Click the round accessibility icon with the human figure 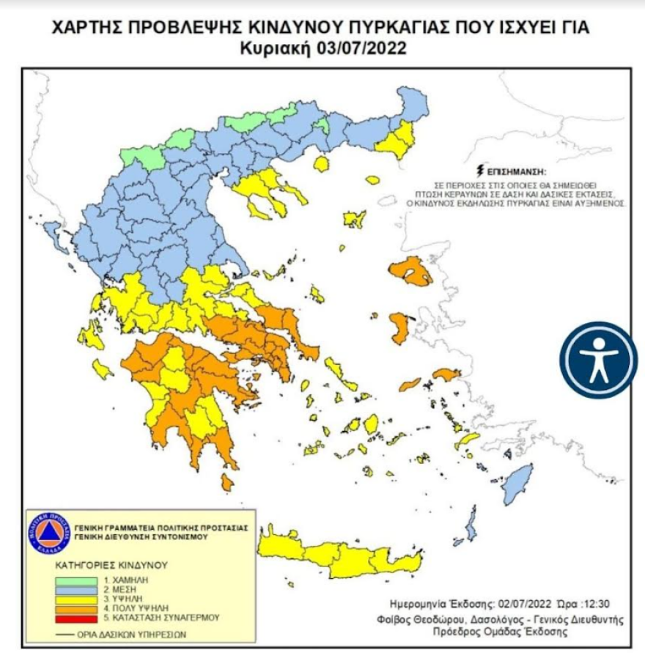click(x=599, y=360)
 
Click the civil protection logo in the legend click(x=51, y=531)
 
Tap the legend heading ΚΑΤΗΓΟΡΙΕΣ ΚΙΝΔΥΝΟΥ click(x=112, y=566)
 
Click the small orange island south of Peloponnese click(x=227, y=482)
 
